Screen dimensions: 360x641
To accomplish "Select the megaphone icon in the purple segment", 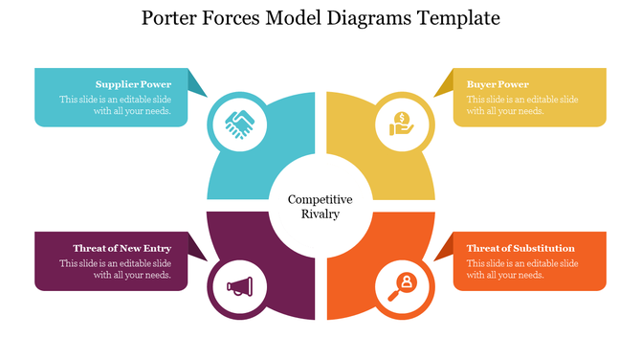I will coord(238,285).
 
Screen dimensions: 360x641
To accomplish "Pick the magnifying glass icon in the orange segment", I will coord(402,284).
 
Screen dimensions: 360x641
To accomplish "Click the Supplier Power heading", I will coord(133,84).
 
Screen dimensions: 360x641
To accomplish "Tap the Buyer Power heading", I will coord(497,84).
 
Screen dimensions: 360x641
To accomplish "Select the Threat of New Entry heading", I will coord(122,248).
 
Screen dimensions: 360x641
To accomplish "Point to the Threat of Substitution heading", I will coord(520,248).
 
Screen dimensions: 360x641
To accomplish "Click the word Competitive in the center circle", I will coord(320,199).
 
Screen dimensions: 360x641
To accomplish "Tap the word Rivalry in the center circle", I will coord(320,214).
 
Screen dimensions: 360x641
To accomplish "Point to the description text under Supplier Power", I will coord(115,104).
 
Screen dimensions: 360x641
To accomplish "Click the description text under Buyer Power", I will coord(522,104).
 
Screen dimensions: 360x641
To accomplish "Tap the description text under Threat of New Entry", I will coord(115,269).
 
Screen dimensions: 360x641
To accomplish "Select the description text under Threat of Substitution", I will coord(522,269).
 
